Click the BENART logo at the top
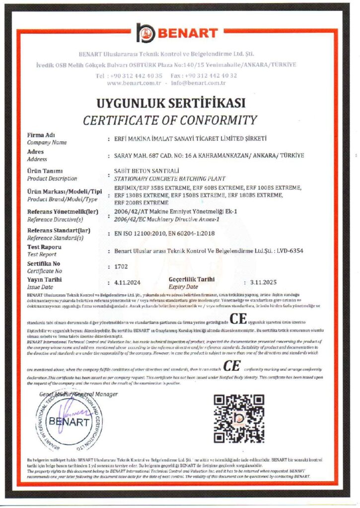[177, 34]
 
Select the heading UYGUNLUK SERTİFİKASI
[171, 104]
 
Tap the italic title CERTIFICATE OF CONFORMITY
[170, 120]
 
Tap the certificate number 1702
[121, 266]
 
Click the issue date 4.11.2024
[128, 282]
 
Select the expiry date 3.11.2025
[264, 282]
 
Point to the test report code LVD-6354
[290, 251]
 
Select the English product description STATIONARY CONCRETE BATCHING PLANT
[169, 178]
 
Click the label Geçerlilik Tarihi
[192, 279]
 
